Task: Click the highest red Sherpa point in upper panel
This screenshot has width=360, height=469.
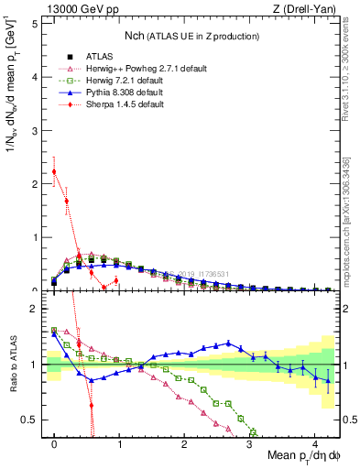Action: click(x=54, y=171)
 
